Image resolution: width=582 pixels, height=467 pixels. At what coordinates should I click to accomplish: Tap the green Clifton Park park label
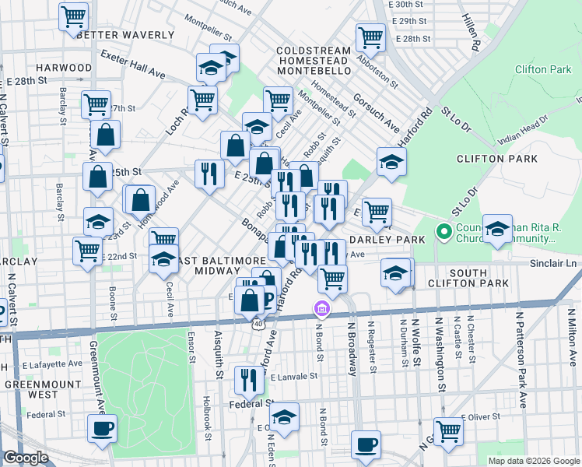click(542, 70)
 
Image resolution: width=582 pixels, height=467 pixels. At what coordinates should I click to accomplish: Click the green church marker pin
click(444, 231)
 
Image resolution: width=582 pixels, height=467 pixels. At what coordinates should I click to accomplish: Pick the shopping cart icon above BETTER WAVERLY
click(73, 16)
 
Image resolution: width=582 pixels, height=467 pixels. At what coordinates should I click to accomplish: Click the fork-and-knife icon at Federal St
click(249, 379)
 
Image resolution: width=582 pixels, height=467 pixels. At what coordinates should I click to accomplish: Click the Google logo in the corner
click(25, 458)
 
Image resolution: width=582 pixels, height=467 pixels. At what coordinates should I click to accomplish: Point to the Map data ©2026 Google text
click(533, 461)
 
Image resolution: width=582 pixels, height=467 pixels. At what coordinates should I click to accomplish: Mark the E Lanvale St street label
click(295, 376)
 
